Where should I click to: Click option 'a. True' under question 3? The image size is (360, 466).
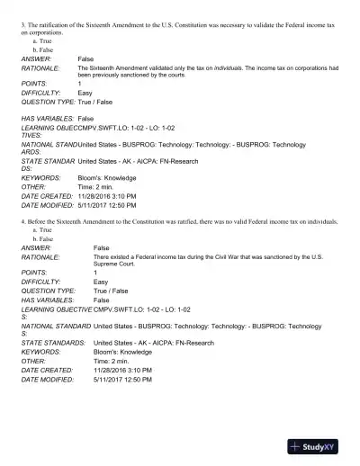40,42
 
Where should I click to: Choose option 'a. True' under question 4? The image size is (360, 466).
40,230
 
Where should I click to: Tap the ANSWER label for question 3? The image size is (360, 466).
36,58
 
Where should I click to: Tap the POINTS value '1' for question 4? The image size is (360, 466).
95,273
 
